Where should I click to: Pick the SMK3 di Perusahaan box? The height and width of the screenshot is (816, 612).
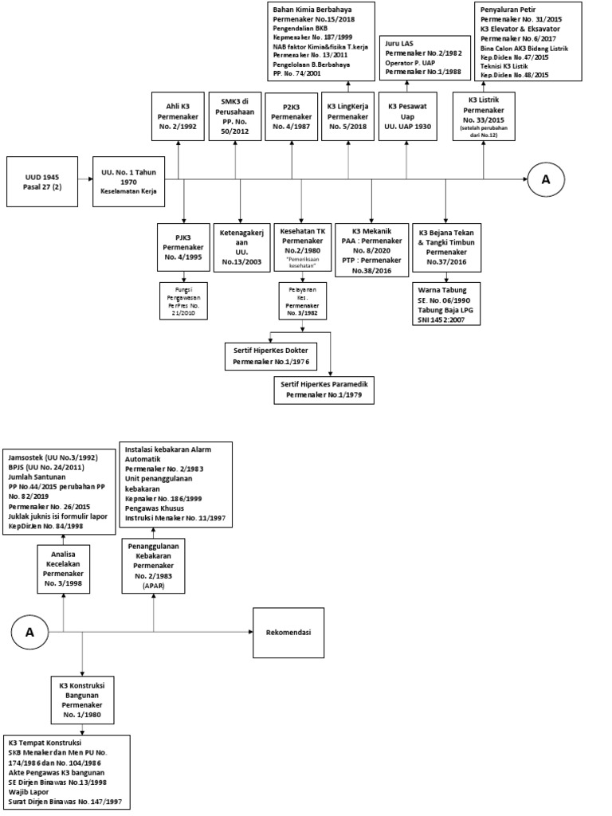tap(235, 117)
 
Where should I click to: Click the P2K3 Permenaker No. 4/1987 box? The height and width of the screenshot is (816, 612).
tap(291, 117)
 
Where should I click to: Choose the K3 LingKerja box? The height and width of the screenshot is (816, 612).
tap(347, 117)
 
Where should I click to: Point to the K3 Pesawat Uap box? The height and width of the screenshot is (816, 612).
tap(406, 117)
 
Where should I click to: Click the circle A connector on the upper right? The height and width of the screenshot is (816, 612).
tap(546, 179)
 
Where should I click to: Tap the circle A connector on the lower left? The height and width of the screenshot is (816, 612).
tap(30, 633)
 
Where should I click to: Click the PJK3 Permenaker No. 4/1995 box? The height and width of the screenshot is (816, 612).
tap(184, 248)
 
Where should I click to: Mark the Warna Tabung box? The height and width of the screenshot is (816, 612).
tap(446, 304)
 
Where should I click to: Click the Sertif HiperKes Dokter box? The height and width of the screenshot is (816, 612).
tap(272, 356)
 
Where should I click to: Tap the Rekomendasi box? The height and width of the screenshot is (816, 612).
tap(288, 633)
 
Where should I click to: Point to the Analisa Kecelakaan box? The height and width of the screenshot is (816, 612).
tap(63, 570)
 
